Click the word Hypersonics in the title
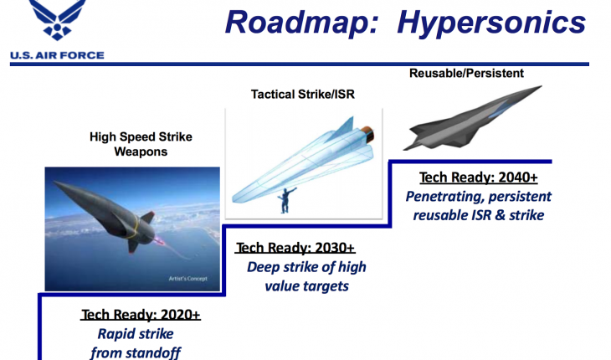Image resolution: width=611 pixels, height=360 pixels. point(491,23)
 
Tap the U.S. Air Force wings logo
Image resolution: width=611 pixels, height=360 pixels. point(58,19)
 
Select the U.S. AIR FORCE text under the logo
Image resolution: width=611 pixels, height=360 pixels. point(57,55)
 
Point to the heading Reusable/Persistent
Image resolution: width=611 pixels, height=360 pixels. point(466,73)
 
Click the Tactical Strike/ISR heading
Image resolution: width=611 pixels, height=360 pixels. point(303,95)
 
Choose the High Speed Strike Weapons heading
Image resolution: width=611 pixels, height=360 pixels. point(141,144)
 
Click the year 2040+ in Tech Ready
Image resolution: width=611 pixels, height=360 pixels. point(518,177)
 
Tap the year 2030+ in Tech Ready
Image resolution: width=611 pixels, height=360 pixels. point(335,248)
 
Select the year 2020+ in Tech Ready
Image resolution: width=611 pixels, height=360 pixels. point(181,315)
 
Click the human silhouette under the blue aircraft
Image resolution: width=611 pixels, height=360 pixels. point(285,200)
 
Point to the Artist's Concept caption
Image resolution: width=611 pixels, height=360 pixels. point(187,279)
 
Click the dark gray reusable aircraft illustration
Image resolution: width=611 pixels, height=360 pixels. point(471,118)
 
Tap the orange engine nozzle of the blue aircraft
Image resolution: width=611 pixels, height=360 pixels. point(367,135)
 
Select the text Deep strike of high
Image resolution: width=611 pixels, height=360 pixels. point(306,267)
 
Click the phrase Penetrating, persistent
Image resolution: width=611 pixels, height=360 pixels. point(479,197)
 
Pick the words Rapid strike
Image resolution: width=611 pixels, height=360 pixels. point(136,334)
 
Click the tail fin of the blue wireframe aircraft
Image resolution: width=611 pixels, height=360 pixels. point(341,129)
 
